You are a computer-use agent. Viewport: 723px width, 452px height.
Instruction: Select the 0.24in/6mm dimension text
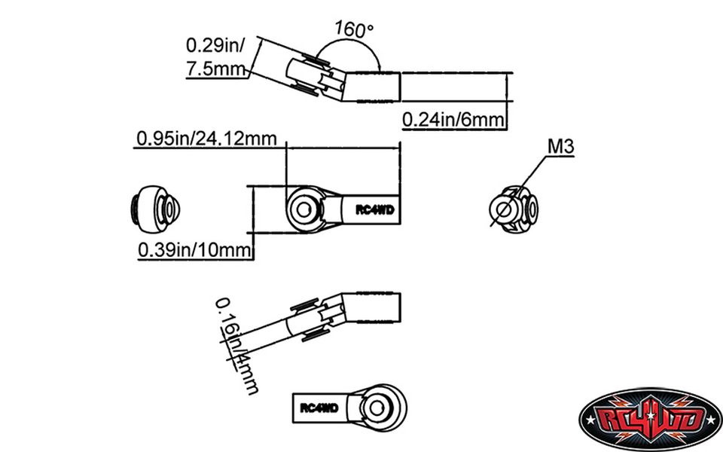pyautogui.click(x=452, y=119)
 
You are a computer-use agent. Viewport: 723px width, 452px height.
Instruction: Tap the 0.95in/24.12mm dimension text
pyautogui.click(x=206, y=139)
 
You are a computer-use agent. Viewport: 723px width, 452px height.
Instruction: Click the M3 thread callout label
pyautogui.click(x=561, y=148)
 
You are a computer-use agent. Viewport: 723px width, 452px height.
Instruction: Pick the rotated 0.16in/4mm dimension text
pyautogui.click(x=236, y=347)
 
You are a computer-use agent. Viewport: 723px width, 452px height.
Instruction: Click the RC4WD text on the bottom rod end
pyautogui.click(x=319, y=408)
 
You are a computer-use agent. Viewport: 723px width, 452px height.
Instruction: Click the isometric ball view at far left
pyautogui.click(x=153, y=206)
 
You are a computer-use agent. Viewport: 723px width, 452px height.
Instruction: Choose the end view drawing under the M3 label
pyautogui.click(x=514, y=208)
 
